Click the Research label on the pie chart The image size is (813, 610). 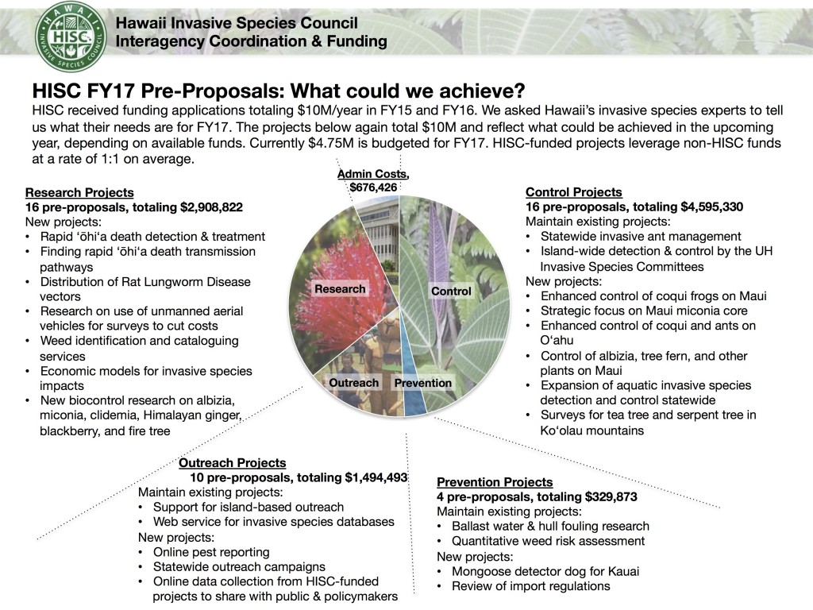[340, 289]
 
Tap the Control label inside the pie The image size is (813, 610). [451, 291]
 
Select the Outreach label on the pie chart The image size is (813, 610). [354, 383]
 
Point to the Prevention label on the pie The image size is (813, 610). [422, 383]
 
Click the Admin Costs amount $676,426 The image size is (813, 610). [373, 187]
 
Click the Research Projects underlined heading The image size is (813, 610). [79, 192]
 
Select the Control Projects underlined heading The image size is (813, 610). [574, 192]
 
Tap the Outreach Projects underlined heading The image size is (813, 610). [232, 462]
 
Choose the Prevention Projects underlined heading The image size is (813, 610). [495, 482]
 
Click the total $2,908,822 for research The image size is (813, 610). [202, 207]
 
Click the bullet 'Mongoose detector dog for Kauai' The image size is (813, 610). [545, 571]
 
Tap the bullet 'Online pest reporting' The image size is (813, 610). [211, 552]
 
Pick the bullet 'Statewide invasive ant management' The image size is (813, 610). [641, 236]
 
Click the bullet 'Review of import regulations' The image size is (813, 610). [530, 586]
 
